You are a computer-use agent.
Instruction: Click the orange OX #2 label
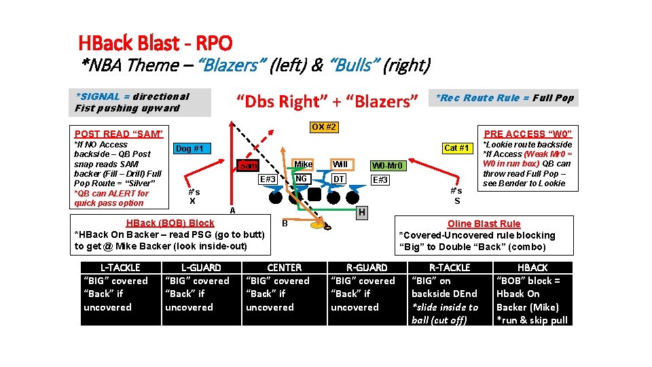324,127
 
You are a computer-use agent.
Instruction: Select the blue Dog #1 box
193,148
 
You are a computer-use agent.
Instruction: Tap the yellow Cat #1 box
456,148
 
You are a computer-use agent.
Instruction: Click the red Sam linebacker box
248,166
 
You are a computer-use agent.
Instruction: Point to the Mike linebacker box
303,164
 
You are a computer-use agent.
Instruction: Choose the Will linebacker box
340,164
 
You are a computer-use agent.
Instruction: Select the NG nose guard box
301,178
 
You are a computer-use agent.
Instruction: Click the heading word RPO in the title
214,43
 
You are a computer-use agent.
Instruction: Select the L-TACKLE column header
120,268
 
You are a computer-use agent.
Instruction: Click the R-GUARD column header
367,268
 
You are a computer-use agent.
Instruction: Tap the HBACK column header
532,268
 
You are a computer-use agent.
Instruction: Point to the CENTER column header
285,268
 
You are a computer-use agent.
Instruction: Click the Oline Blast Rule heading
484,224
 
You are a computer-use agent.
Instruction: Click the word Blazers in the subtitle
230,65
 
